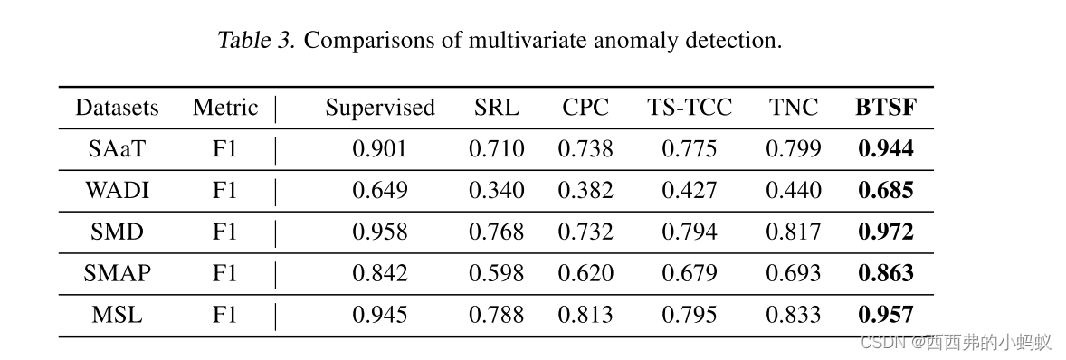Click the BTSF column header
[885, 108]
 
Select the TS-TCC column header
[689, 108]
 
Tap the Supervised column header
[380, 108]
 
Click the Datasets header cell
[117, 108]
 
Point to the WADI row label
[117, 190]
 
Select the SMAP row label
[117, 273]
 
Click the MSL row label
[117, 315]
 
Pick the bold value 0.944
[885, 149]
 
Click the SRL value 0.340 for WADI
[496, 190]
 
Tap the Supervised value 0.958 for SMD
[380, 232]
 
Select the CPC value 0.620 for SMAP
[585, 273]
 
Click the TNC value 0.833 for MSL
[794, 315]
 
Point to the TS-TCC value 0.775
[689, 149]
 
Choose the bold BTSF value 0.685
[885, 190]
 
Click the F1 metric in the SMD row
[224, 232]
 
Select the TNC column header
[794, 108]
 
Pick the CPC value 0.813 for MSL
[585, 315]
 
